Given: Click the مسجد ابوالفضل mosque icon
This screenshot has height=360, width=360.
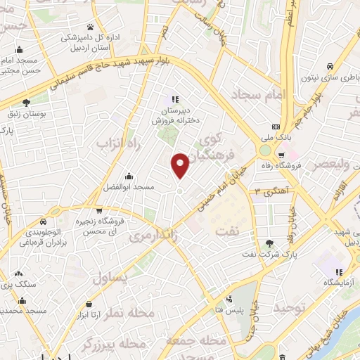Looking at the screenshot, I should (127, 176).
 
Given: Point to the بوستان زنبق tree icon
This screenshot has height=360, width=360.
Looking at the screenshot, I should (26, 103).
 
